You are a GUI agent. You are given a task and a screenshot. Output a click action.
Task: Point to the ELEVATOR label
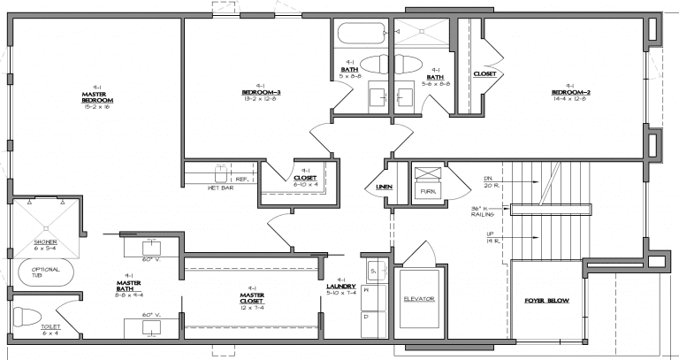(x=419, y=299)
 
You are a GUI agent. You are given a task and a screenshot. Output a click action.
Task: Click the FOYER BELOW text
(x=545, y=301)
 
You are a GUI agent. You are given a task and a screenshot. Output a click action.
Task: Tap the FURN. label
(x=428, y=190)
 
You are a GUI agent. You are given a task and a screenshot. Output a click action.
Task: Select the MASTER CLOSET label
(x=252, y=296)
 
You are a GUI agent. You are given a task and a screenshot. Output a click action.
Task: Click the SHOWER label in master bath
(x=44, y=240)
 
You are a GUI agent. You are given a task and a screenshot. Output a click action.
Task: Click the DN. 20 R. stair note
(x=489, y=182)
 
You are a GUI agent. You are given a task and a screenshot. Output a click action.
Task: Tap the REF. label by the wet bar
(x=240, y=179)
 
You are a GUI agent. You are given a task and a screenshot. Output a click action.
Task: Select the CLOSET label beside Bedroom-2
(x=484, y=74)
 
